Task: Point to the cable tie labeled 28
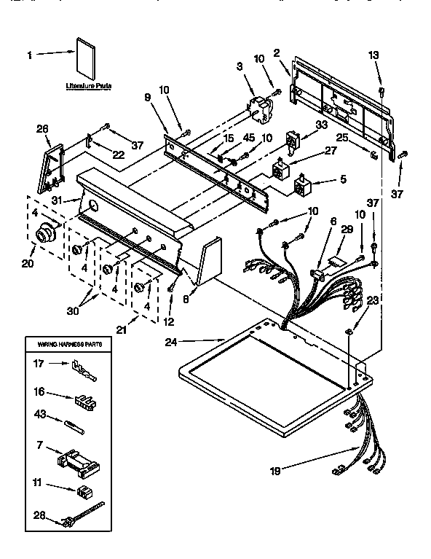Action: coord(82,513)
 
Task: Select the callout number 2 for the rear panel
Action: coord(277,52)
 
